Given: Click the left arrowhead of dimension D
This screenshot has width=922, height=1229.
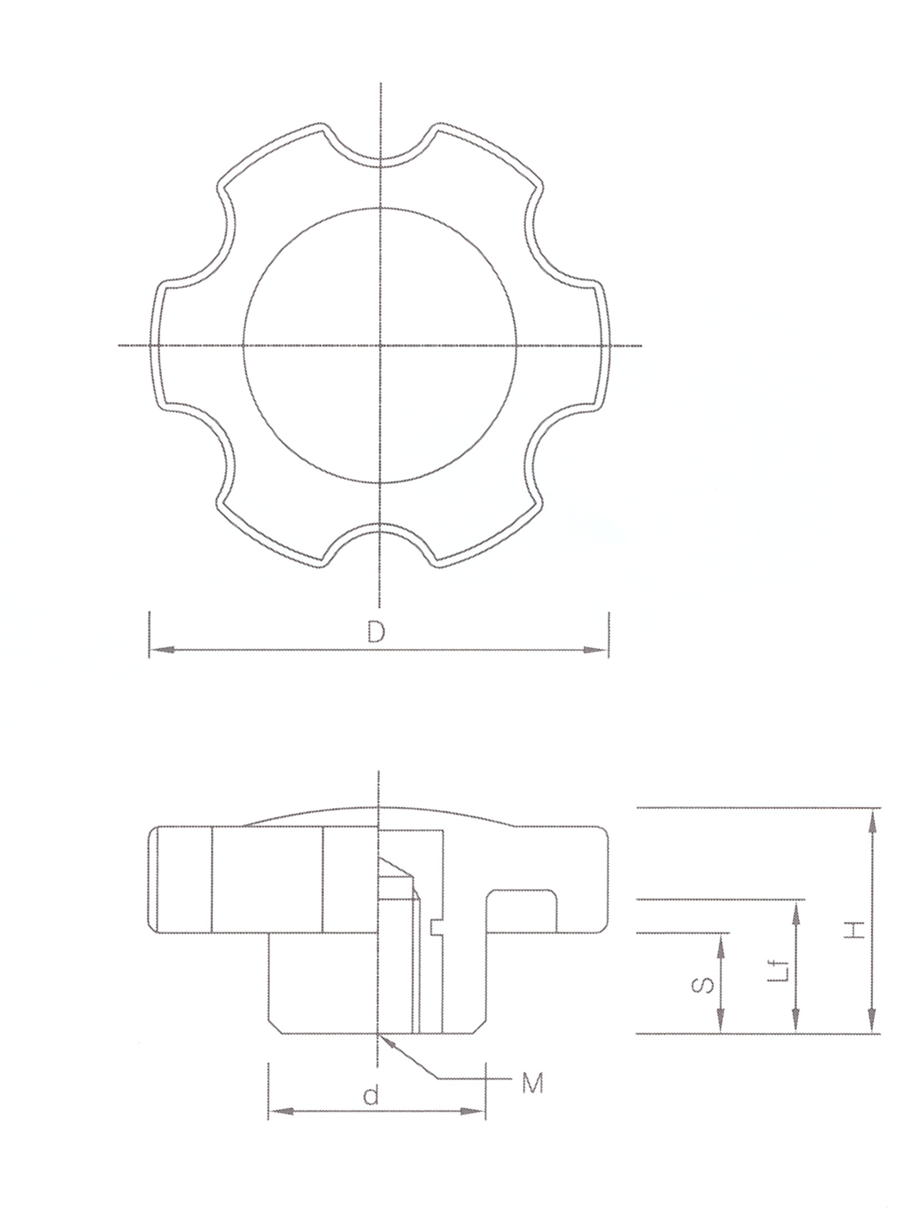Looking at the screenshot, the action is click(161, 650).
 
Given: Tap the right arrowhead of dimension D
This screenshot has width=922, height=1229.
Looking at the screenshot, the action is click(596, 650).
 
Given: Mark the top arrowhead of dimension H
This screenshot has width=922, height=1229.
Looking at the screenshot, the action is click(873, 820).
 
